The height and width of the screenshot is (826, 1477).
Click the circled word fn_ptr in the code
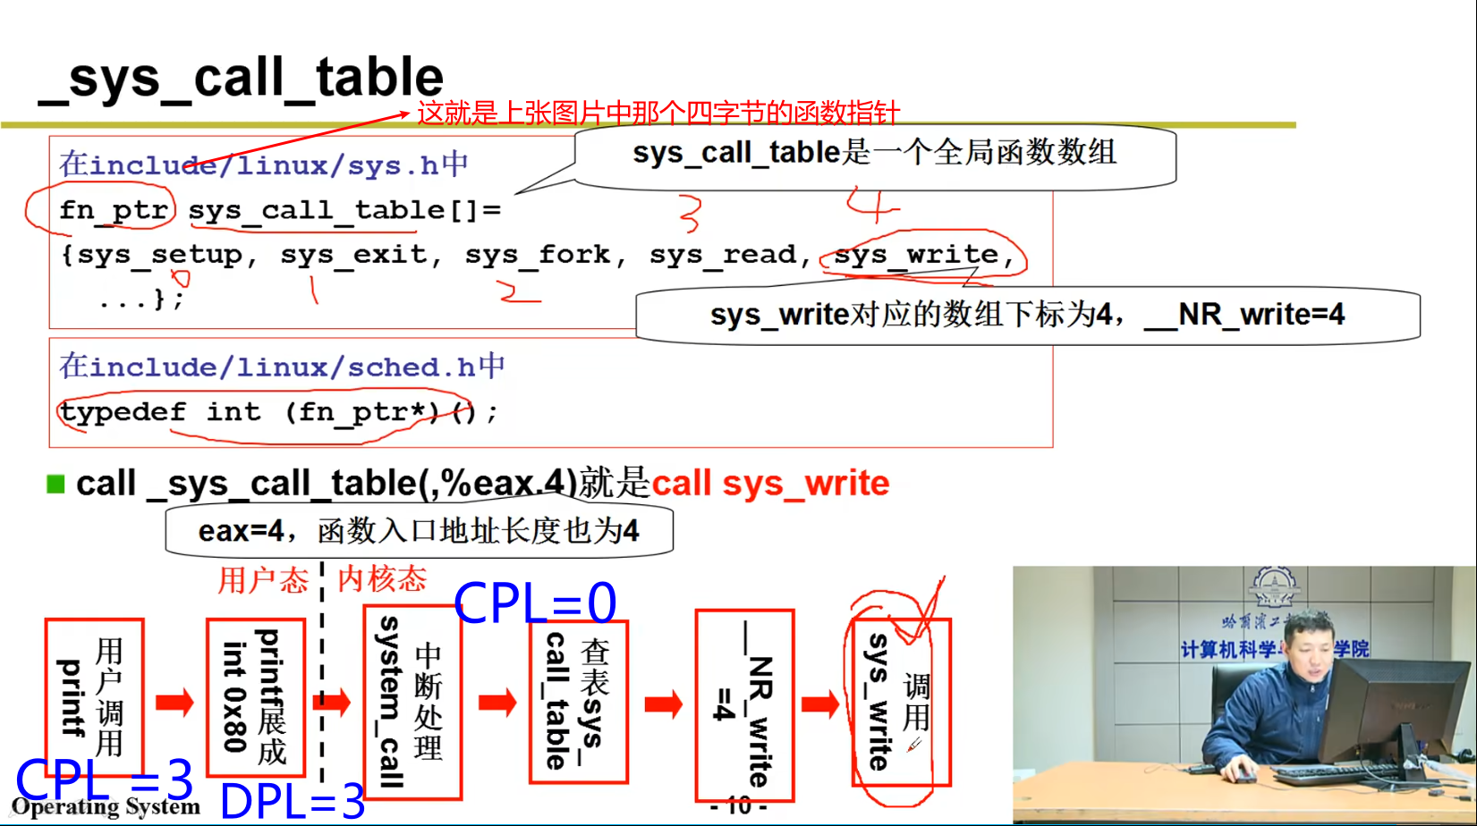(x=113, y=210)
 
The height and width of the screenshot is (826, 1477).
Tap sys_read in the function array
(x=723, y=255)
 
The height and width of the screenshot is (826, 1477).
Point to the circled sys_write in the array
(x=916, y=255)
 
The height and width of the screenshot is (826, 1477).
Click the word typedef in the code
(x=123, y=412)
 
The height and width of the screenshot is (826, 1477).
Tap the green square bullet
(x=55, y=485)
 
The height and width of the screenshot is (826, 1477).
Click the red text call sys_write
(x=770, y=484)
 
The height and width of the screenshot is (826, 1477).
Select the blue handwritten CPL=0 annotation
(x=535, y=603)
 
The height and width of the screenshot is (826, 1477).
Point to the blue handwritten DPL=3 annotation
(x=292, y=801)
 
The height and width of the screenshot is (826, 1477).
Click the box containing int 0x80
(x=256, y=697)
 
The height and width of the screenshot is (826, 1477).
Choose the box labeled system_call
(x=412, y=702)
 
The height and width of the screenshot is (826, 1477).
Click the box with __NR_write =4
(x=744, y=706)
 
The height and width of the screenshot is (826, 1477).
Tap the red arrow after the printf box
(x=174, y=702)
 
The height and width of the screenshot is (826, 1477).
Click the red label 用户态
(x=262, y=580)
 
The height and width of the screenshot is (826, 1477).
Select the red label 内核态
(x=382, y=578)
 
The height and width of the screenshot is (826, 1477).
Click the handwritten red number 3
(x=690, y=214)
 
